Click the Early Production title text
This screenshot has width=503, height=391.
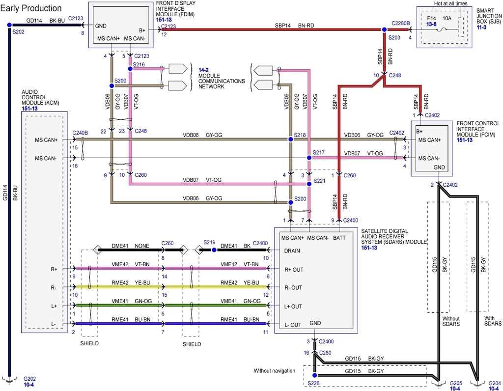point(31,8)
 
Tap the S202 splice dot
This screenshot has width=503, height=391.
point(9,26)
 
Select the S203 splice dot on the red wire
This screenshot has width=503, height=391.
point(385,29)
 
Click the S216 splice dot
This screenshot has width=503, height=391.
point(130,69)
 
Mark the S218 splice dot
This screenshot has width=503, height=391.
point(290,140)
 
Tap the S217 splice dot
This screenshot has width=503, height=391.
point(309,158)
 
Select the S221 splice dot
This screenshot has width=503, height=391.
point(309,184)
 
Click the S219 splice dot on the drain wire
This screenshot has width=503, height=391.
point(214,250)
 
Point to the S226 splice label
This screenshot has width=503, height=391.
point(315,383)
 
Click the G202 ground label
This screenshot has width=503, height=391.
point(29,379)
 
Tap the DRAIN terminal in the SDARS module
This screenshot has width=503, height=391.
point(293,251)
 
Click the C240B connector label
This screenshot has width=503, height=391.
point(80,132)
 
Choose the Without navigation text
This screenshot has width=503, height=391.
point(275,370)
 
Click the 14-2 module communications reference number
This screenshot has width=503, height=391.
point(204,70)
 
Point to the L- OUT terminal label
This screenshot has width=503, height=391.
point(293,325)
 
